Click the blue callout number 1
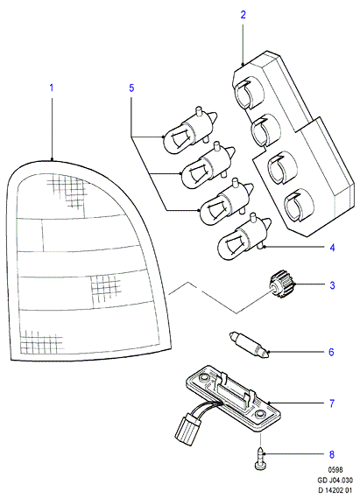point(52,88)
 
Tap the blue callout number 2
point(244,15)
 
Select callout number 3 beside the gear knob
point(332,285)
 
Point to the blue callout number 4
point(332,248)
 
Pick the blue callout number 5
point(131,88)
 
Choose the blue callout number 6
point(331,352)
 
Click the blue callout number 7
point(332,403)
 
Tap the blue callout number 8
point(332,454)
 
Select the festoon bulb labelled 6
point(249,345)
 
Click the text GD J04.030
point(335,480)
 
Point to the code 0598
point(335,470)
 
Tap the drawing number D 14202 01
point(335,490)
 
